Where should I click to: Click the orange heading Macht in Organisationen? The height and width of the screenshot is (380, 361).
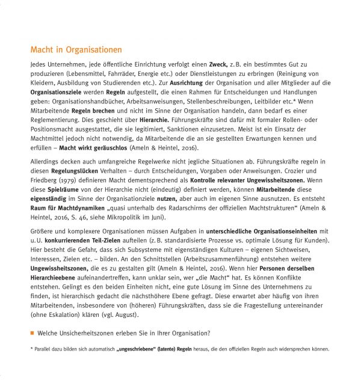pyautogui.click(x=76, y=49)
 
